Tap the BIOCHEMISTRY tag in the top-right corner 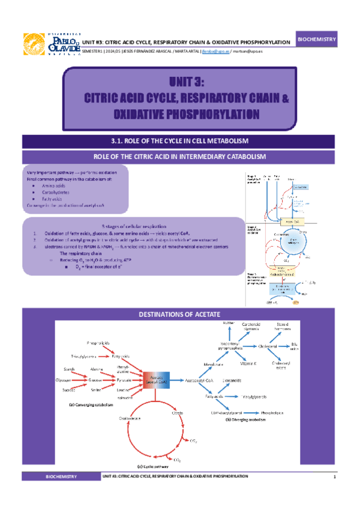tap(317, 39)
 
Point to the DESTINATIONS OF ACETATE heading tap(179, 315)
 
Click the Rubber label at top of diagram tap(228, 324)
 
